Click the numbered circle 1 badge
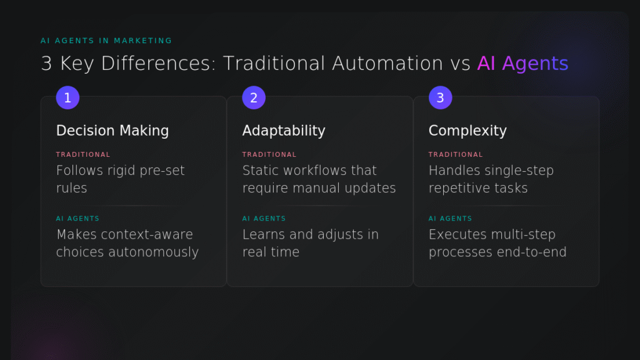coord(67,97)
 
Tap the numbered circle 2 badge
coord(254,97)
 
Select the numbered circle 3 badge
coord(440,97)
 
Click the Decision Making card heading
coord(112,131)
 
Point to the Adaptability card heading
coord(284,131)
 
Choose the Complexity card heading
coord(467,131)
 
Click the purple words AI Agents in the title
coord(522,63)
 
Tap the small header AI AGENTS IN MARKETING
coord(106,41)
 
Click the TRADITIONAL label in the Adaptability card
coord(269,154)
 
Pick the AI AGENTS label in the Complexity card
coord(450,219)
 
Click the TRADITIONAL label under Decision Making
coord(83,154)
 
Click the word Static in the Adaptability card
coord(261,171)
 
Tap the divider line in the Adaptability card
coord(319,205)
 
